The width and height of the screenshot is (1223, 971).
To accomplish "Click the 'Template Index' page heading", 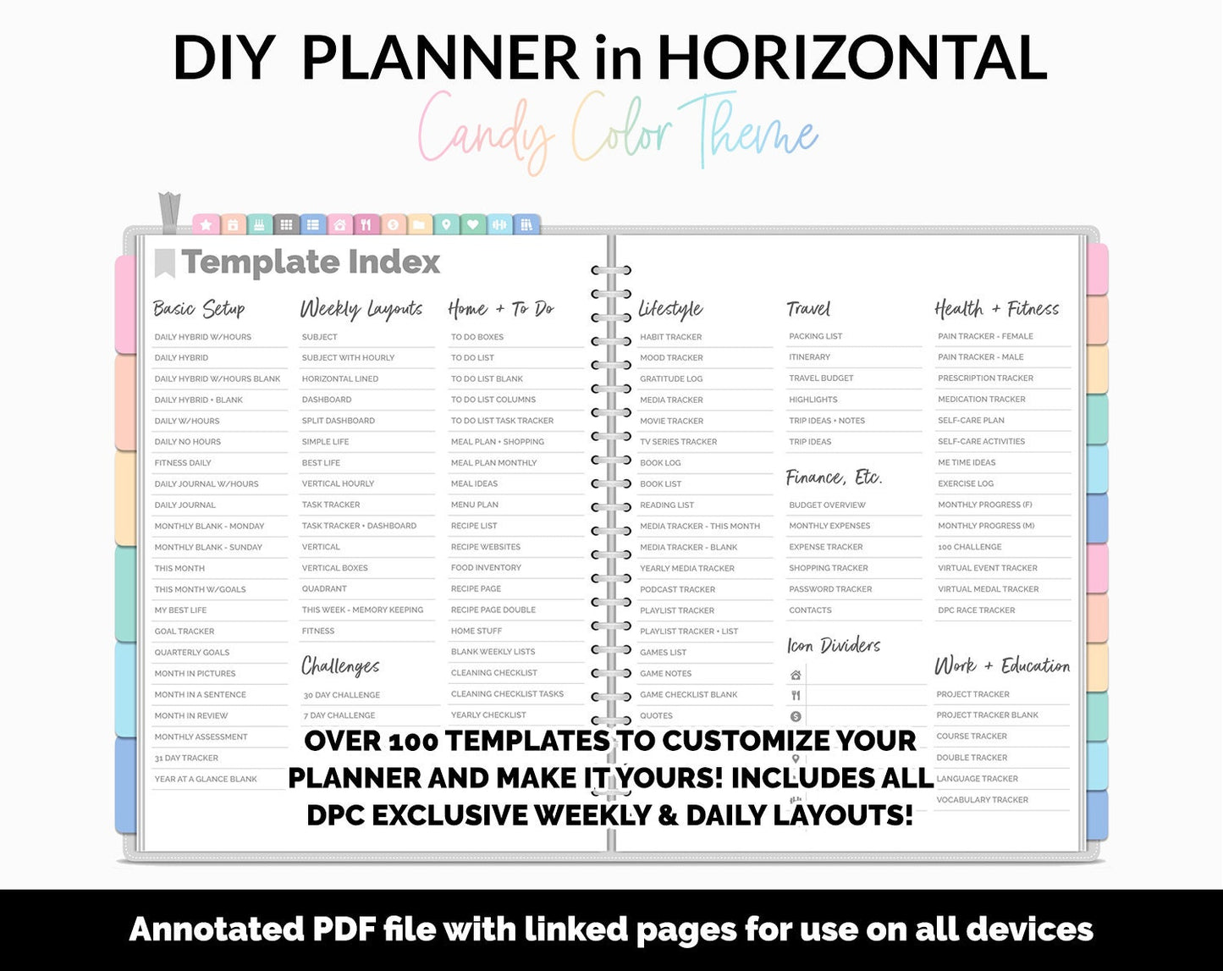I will (310, 262).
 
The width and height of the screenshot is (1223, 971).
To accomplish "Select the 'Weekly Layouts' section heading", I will (361, 309).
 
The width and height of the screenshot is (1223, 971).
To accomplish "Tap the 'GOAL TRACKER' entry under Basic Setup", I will (185, 632).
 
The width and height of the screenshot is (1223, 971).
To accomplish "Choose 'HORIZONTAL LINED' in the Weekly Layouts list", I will (340, 379).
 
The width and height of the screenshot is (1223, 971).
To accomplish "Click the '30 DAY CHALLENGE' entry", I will (342, 695).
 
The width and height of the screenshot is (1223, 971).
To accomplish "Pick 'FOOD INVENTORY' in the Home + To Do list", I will (486, 568).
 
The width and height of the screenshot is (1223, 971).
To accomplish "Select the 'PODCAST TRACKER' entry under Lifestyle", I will (677, 589).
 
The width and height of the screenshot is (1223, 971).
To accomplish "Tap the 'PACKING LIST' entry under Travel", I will (815, 337).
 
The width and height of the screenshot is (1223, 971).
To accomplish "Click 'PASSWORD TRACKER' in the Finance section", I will (830, 589).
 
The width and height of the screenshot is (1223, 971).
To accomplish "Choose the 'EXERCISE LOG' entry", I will (966, 484).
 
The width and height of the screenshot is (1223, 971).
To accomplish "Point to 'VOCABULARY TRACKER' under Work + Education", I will (982, 800).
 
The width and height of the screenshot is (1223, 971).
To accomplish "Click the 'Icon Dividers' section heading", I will (834, 646).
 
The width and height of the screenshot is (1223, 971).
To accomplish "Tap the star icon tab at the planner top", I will (206, 225).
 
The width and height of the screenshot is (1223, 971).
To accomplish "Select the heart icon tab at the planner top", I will (472, 225).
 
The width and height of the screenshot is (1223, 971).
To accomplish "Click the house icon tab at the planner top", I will (339, 225).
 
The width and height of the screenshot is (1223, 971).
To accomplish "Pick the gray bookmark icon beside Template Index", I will (164, 262).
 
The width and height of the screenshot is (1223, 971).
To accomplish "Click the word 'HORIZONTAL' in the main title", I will (851, 58).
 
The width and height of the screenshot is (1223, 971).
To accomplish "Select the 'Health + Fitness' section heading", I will (996, 309).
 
